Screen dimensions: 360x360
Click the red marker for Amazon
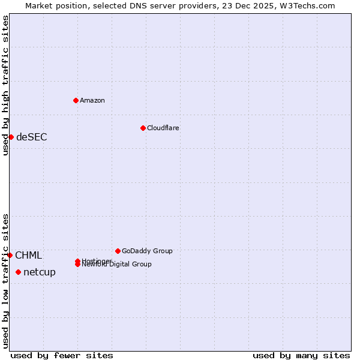click(x=76, y=100)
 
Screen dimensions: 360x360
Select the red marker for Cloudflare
click(x=143, y=128)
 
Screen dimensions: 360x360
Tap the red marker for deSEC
click(x=11, y=137)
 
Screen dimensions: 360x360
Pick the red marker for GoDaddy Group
click(x=118, y=251)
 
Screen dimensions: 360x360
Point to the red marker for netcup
click(x=18, y=272)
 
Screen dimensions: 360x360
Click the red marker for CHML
click(x=10, y=255)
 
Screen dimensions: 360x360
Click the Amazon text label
click(x=92, y=100)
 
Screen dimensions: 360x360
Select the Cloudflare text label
click(x=163, y=128)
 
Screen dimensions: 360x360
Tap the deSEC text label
click(x=31, y=137)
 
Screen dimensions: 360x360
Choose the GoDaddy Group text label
click(x=147, y=251)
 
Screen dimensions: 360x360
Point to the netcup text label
click(x=40, y=272)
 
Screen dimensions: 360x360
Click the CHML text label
click(x=28, y=255)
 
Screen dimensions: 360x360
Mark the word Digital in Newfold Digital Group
click(x=121, y=264)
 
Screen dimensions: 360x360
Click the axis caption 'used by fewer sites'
click(x=62, y=355)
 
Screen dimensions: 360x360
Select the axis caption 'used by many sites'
click(x=301, y=355)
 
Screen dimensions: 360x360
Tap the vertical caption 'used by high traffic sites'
click(x=5, y=85)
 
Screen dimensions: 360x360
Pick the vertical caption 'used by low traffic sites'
click(x=5, y=280)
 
